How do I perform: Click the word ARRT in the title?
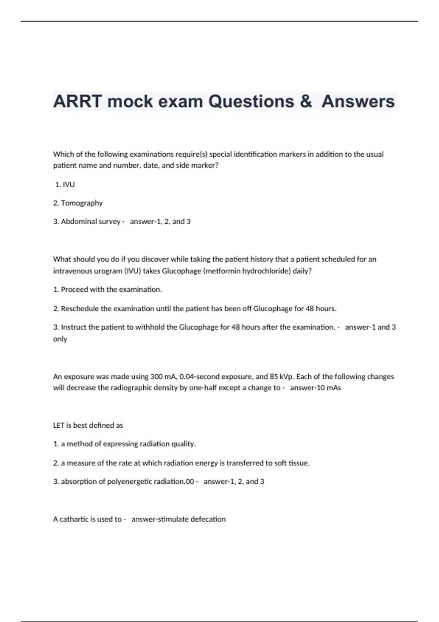pyautogui.click(x=77, y=101)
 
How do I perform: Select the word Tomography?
pyautogui.click(x=82, y=203)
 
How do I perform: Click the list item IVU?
pyautogui.click(x=68, y=185)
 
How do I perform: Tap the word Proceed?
pyautogui.click(x=74, y=290)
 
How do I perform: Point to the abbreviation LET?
pyautogui.click(x=59, y=426)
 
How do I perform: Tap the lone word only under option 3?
pyautogui.click(x=60, y=339)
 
